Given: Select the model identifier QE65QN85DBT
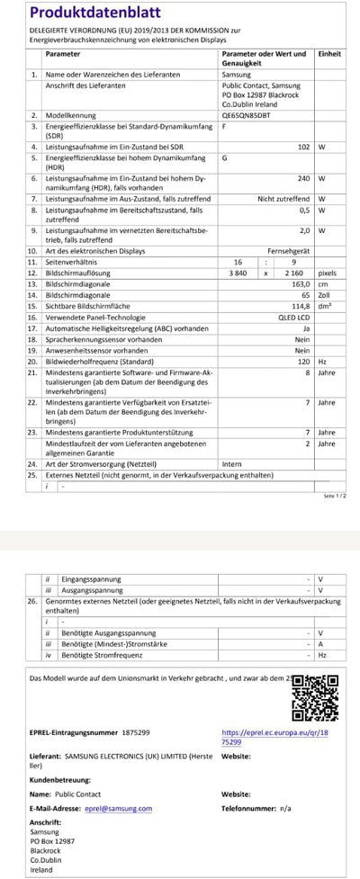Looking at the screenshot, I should point(246,116).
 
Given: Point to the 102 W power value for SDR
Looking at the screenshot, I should point(303,145).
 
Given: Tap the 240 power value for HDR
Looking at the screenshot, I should point(303,178).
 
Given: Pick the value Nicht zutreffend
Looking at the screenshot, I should point(283,198).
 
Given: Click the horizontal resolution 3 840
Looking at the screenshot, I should point(238,272).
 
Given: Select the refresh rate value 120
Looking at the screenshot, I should point(304,360).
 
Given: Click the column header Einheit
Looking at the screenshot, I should point(330,54).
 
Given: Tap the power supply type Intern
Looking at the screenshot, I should point(231,463).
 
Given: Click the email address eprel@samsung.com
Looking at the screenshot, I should point(118,808).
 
